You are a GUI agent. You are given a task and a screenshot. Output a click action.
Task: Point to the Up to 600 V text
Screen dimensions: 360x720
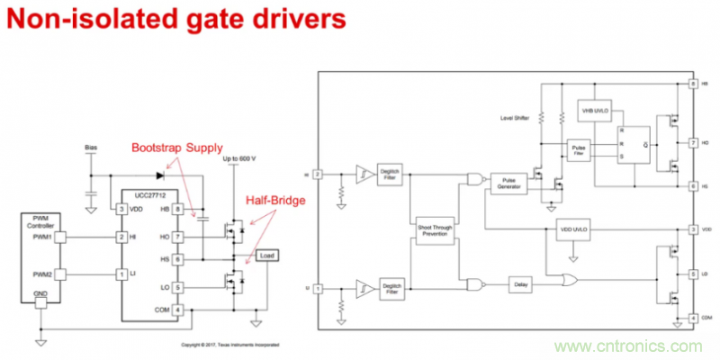pyautogui.click(x=238, y=160)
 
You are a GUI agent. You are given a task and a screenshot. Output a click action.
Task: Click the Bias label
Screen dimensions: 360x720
pyautogui.click(x=90, y=146)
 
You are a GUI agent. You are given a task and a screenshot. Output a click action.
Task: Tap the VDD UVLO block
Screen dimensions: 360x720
pyautogui.click(x=573, y=229)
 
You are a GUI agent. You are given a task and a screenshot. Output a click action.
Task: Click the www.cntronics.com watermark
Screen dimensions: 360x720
pyautogui.click(x=629, y=346)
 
